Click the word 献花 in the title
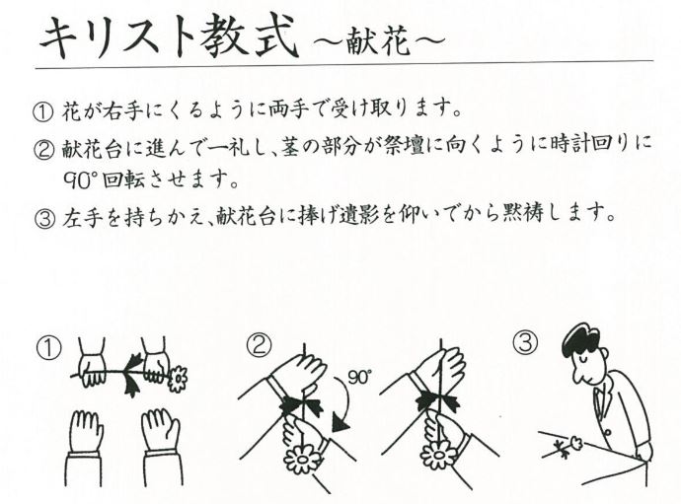tap(379, 42)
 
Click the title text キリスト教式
tap(170, 37)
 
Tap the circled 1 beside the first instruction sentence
tap(43, 111)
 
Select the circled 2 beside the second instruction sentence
tap(43, 149)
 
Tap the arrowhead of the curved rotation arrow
tap(341, 423)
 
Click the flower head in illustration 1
tap(178, 379)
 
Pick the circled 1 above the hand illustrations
tap(48, 348)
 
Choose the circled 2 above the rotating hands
tap(259, 344)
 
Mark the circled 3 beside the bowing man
tap(525, 341)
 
